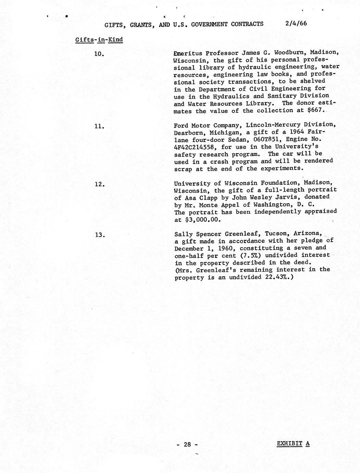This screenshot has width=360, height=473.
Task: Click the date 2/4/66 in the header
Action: click(x=296, y=23)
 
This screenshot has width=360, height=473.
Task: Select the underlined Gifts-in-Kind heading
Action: click(x=99, y=39)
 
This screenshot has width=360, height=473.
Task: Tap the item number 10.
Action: click(x=99, y=54)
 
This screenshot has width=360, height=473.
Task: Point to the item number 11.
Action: click(x=99, y=126)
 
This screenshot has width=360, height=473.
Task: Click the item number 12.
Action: click(x=99, y=184)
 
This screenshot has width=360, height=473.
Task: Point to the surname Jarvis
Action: click(x=272, y=197)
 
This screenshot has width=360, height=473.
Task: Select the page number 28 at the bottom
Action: click(x=187, y=445)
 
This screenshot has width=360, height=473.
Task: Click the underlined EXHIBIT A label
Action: click(x=293, y=444)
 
